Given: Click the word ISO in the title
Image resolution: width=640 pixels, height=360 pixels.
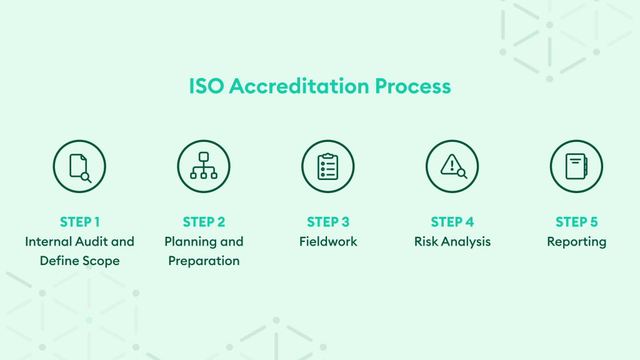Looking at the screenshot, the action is pos(206,86).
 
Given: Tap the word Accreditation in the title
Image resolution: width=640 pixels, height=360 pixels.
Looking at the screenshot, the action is pos(299,86).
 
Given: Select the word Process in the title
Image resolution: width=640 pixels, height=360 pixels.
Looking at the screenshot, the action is pos(412,86).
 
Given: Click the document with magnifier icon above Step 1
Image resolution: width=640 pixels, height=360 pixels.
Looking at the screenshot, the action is pos(79,166).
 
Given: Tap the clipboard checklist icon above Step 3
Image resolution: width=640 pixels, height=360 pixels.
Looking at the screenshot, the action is pos(327,166).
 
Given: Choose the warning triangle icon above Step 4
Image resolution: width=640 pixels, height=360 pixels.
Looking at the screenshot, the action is pos(452,166).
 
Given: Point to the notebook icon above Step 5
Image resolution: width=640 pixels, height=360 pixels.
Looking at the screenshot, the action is pos(576,166).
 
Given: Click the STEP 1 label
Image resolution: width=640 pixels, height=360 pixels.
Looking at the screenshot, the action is pos(79,222).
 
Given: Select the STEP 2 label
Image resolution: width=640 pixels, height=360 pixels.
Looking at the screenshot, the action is pos(204,222).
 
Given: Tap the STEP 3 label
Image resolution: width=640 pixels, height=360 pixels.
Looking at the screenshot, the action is pos(328,222).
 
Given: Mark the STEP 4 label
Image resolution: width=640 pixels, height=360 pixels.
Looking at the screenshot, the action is pos(452,222).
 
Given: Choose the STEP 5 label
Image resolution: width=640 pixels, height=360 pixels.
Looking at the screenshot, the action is pos(576,222).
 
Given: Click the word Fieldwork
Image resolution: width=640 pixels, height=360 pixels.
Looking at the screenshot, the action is pos(328,242).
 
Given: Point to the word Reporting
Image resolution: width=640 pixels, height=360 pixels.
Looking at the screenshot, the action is pos(577,242).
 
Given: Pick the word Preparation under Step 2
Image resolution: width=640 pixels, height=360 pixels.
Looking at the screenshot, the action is pos(204,261).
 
